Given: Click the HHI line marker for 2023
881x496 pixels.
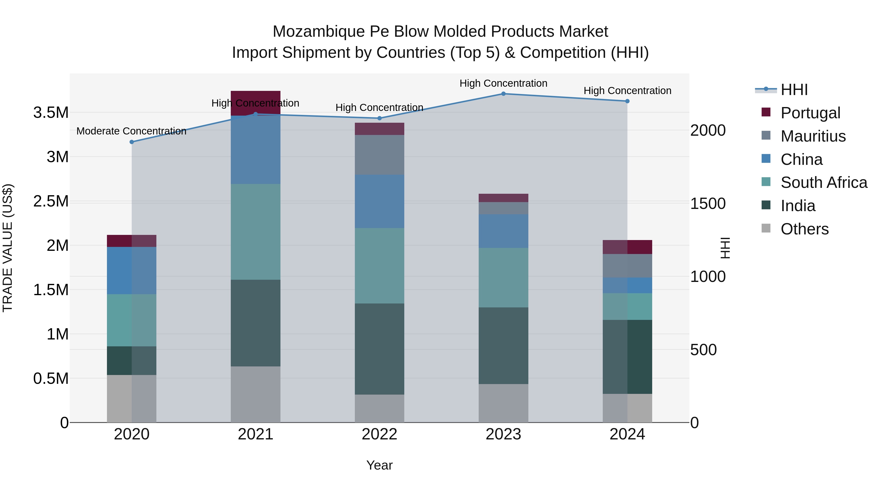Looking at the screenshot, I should tap(503, 94).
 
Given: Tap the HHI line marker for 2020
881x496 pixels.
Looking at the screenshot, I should tap(132, 142).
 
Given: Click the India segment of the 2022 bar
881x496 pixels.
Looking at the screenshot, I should tap(379, 349).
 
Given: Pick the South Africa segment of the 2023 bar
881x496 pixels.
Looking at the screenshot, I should tap(503, 277).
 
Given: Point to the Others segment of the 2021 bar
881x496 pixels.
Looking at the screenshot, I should tap(255, 394).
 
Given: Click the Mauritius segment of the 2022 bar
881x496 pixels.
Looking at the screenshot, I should tap(379, 155).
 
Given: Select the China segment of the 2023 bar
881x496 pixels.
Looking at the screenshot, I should tap(503, 231).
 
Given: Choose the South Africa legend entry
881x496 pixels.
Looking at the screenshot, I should tap(823, 182).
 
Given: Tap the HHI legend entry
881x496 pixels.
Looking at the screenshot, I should tap(794, 90).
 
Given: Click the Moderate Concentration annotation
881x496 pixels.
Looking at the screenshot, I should tap(131, 131).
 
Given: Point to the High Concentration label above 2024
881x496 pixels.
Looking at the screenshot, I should tap(627, 91).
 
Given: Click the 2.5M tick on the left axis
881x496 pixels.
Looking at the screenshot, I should tap(51, 201).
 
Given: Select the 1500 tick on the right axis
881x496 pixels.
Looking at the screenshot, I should tap(707, 204).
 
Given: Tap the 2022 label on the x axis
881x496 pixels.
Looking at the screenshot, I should tap(379, 434).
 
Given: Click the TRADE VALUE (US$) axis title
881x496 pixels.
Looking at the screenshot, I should tap(8, 248).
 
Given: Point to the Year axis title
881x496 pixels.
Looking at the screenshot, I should tap(379, 465).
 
